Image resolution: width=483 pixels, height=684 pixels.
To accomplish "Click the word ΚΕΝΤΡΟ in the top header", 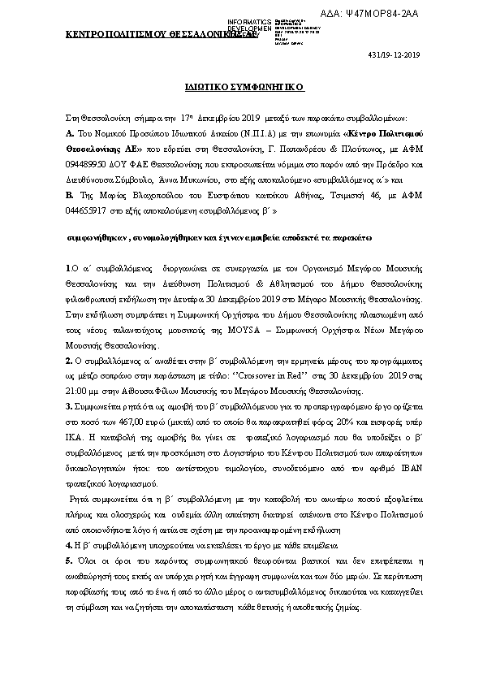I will [x=85, y=34].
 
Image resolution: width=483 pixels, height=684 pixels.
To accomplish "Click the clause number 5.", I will [x=68, y=538].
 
